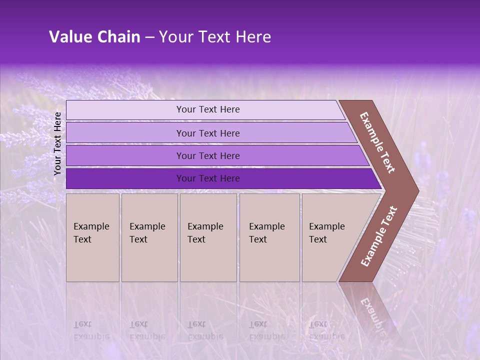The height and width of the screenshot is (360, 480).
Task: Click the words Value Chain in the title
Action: point(94,37)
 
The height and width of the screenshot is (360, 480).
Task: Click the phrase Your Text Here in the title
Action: point(215,37)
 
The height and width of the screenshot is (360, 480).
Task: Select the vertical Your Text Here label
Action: point(57,143)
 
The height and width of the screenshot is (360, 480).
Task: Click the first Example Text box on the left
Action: point(92,237)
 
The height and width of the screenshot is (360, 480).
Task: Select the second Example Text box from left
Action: point(149,237)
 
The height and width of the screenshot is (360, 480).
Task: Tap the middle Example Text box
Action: point(208,237)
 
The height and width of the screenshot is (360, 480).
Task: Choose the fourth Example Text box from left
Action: point(269,237)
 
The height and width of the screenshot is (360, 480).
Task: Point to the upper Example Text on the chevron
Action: point(377,142)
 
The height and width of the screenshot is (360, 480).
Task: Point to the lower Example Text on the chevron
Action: point(379,236)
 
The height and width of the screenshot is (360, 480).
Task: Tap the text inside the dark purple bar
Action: point(208,178)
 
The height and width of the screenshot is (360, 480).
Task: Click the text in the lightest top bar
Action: point(208,109)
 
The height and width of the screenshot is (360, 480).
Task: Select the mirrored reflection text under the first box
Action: point(91,330)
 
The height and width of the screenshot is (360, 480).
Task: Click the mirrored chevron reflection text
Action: point(372,313)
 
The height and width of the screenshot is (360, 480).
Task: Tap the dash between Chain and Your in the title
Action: point(149,37)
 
